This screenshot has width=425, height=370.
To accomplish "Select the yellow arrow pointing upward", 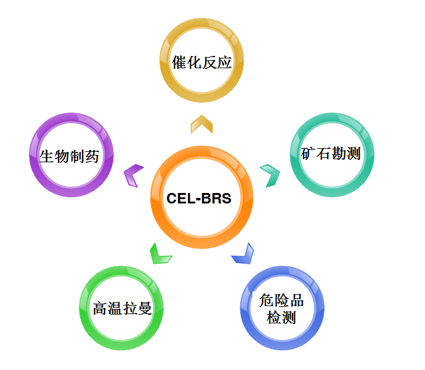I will click(201, 124).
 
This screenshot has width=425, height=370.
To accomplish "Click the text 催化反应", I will click(202, 63).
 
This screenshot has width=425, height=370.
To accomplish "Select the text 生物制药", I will click(69, 155).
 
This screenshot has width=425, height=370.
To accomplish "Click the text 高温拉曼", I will click(122, 307).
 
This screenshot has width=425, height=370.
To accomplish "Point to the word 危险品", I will click(281, 301).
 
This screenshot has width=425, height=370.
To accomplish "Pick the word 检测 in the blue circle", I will click(281, 318).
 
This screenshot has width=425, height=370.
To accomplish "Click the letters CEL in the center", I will click(180, 199).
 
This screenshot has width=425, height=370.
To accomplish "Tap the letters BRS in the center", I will click(217, 199).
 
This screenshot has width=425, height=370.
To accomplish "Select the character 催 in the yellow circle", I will click(180, 63).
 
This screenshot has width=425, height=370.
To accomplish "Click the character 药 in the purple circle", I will click(92, 155).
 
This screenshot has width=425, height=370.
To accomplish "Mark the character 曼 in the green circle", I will click(145, 307).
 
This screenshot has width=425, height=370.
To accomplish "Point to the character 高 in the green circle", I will click(100, 307).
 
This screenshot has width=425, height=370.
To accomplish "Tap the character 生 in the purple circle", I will click(47, 155).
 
